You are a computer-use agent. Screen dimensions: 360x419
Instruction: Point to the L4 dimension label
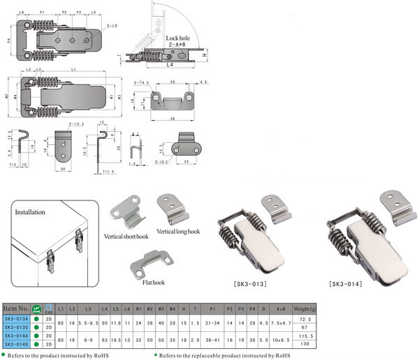[x=170, y=64]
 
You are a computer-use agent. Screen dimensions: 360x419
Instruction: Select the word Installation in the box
[x=30, y=211]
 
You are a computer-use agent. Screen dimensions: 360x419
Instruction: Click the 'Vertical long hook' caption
[x=182, y=230]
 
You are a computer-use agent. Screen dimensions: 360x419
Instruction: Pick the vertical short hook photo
[x=128, y=212]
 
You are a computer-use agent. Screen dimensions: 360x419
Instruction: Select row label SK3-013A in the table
[x=16, y=317]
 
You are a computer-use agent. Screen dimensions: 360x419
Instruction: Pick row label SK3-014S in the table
[x=16, y=344]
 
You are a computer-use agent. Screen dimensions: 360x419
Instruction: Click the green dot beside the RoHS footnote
[x=4, y=354]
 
